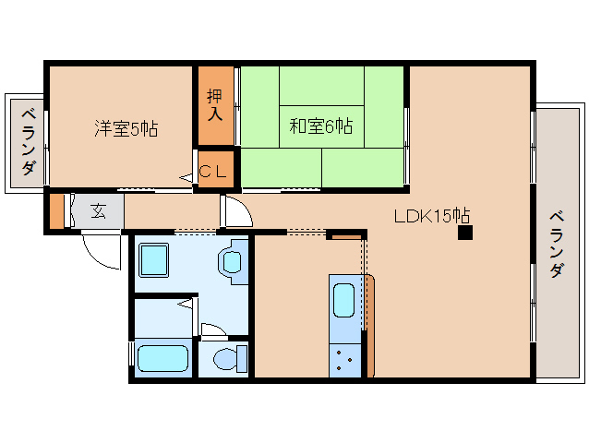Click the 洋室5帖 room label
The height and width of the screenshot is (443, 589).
point(126,128)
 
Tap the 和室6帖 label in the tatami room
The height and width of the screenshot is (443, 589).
point(320,126)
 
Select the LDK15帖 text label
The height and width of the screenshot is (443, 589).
point(432,216)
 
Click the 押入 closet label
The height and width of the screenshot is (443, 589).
point(214,103)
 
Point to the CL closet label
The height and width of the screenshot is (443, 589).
point(214,171)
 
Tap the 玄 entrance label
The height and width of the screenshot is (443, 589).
point(98,211)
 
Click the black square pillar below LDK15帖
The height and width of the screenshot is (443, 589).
point(464,233)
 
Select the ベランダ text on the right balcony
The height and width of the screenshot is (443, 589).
point(557,245)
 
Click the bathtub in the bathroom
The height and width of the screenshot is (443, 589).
point(162,357)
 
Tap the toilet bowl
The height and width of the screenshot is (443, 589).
point(224,357)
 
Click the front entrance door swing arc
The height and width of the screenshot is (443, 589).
point(102,252)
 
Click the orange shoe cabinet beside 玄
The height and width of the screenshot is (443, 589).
point(57,210)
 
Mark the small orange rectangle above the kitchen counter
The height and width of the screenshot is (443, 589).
point(347,238)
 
